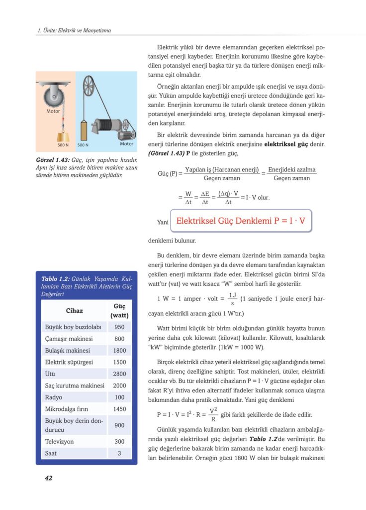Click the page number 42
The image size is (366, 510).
point(48,478)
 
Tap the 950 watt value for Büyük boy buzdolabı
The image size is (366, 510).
point(119,327)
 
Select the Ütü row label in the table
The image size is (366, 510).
point(50,374)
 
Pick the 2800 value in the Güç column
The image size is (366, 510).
point(119,374)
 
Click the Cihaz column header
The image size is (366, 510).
point(74,311)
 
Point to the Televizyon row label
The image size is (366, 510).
point(60,442)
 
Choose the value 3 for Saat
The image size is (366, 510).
point(119,453)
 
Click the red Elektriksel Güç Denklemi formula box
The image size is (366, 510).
point(241,220)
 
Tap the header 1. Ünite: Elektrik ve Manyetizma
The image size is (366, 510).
point(74,30)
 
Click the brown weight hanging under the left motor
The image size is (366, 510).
point(63,138)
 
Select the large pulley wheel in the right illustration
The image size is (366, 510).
point(90,83)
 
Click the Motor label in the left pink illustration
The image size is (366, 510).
point(53,111)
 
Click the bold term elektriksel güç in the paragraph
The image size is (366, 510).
point(285,144)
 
